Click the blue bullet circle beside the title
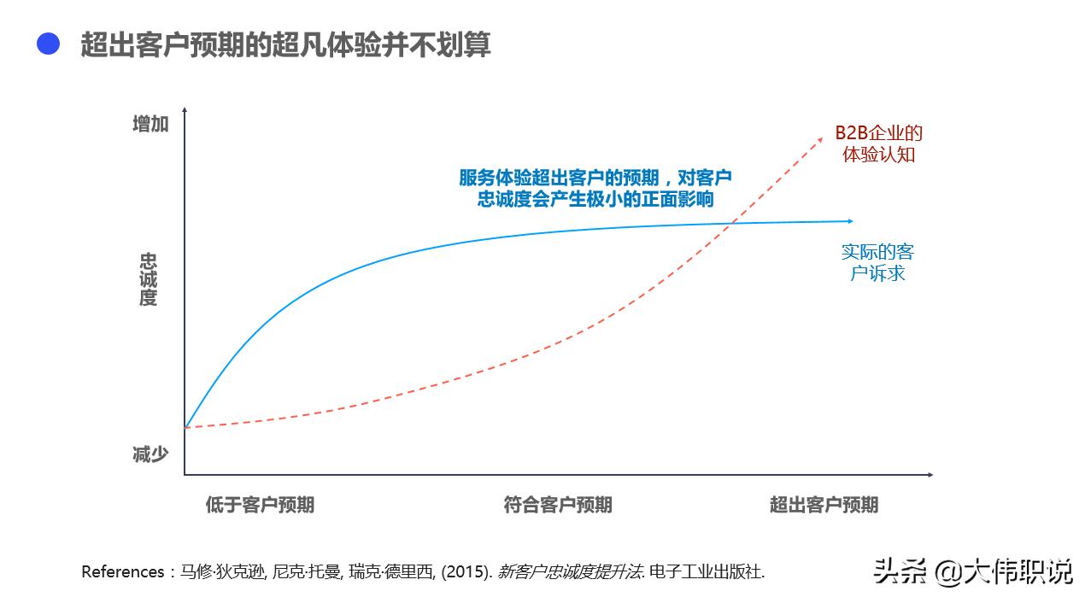coord(48,44)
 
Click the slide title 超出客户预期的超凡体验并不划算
coord(285,44)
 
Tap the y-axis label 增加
coord(150,125)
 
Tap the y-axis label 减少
coord(150,454)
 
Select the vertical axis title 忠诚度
coord(149,279)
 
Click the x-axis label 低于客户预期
coord(260,505)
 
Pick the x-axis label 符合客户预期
coord(557,505)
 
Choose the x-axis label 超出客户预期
coord(824,505)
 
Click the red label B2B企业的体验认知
coord(878,143)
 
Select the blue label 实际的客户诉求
coord(877,262)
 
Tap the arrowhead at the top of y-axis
coord(185,111)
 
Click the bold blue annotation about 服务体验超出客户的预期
coord(595,188)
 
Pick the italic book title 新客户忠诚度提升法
coord(570,571)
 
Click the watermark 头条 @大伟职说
coord(972,571)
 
